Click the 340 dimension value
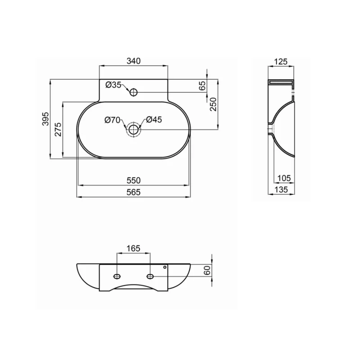tap(133, 61)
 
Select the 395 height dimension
tap(46, 119)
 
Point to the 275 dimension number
tap(58, 129)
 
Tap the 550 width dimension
tap(133, 180)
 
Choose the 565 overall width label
tap(133, 192)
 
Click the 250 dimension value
tap(213, 104)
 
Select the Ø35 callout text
tap(113, 85)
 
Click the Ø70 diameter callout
tap(112, 120)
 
